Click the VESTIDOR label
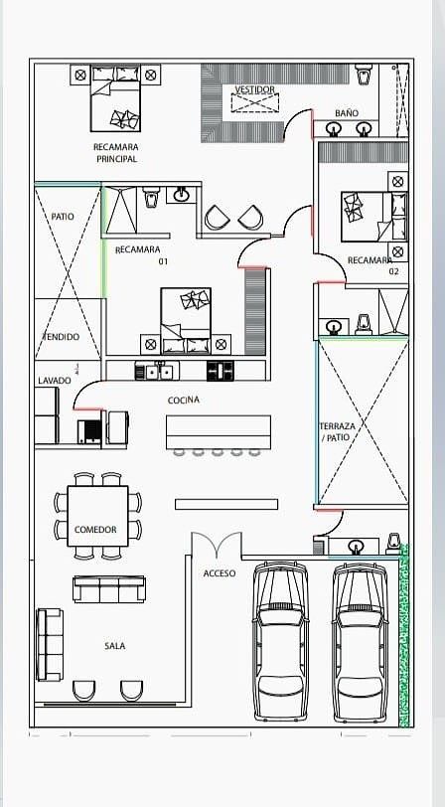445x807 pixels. click(255, 89)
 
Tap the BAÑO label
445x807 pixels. click(347, 112)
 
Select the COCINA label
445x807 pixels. click(184, 400)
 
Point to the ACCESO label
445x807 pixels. click(220, 573)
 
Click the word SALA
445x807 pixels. click(114, 646)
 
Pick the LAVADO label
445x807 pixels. click(55, 381)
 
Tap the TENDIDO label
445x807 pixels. click(61, 337)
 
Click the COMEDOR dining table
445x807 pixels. click(97, 516)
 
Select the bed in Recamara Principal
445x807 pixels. click(116, 97)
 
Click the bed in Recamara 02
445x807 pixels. click(374, 217)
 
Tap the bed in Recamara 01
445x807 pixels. click(186, 321)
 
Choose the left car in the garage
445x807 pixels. click(281, 641)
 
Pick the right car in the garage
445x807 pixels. click(361, 642)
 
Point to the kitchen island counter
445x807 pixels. click(219, 431)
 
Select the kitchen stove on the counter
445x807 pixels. click(220, 371)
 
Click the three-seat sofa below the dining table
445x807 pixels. click(109, 589)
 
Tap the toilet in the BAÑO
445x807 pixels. click(365, 74)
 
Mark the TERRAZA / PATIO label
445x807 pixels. click(335, 431)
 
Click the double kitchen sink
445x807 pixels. click(157, 371)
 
